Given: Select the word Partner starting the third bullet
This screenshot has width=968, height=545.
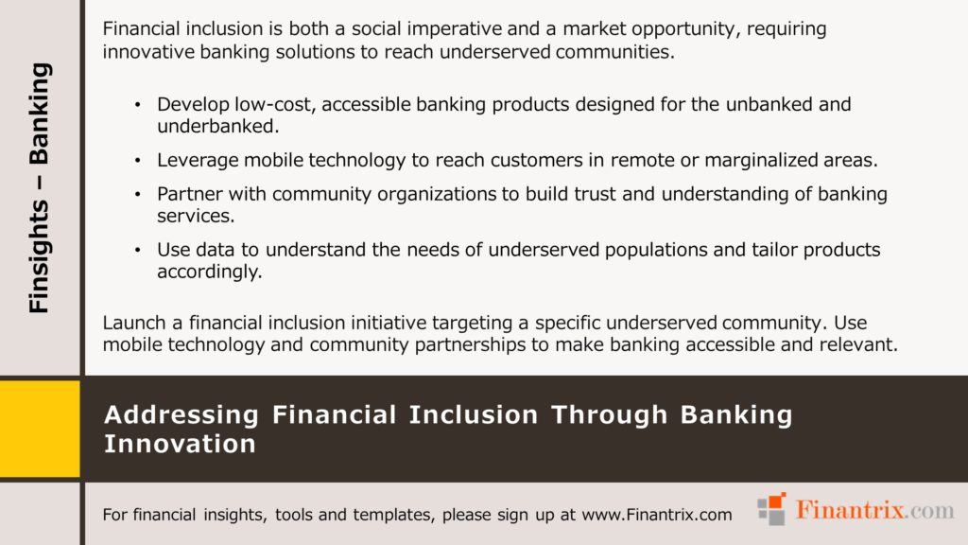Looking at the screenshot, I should [189, 195].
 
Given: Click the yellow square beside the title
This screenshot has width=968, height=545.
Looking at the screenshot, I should [40, 428].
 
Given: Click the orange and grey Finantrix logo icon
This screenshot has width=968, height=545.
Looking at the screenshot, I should [771, 510].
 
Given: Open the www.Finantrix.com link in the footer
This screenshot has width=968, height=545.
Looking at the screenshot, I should [657, 515].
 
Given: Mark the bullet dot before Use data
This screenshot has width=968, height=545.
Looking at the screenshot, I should [138, 251].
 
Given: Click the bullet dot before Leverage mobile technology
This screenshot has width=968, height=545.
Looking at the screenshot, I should [138, 161].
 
